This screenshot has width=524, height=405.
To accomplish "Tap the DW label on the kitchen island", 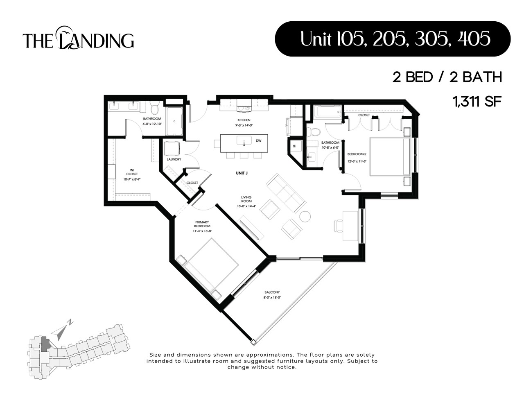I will point(258,141).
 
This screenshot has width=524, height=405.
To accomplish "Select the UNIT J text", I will point(242,173).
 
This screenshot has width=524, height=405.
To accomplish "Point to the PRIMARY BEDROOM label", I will point(202,224).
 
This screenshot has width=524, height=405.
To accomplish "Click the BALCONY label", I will point(272,292).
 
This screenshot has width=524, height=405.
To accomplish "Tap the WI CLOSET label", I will point(132,172).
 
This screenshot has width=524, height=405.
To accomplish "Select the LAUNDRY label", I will point(174,159).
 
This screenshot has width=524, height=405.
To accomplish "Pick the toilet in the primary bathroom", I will point(154,109).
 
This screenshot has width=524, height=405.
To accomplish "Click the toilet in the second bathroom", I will point(314,132).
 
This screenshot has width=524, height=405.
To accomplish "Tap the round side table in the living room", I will point(305,216).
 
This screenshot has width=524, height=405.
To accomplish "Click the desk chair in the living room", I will point(339,226).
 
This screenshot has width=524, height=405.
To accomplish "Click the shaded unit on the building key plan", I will point(45,344).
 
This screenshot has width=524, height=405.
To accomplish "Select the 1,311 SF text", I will point(477,102).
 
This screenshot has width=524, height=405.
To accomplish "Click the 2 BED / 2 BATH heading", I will point(447,77).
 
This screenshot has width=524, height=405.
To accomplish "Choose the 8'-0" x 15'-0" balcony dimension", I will point(272,298).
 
